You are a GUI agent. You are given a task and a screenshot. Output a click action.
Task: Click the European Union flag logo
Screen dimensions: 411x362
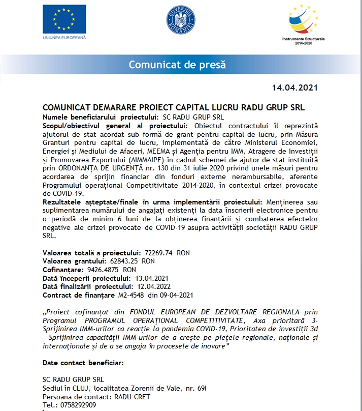(64, 19)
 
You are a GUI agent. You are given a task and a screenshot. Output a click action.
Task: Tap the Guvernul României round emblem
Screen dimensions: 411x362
(181, 20)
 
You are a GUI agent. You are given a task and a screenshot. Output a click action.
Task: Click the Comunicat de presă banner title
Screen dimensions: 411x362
(177, 65)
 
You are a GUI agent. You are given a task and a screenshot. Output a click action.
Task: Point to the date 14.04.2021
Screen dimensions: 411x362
(294, 87)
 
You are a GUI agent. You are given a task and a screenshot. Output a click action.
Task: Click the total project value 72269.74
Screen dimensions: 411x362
(159, 253)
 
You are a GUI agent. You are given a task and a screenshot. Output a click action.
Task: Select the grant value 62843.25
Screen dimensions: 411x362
(126, 261)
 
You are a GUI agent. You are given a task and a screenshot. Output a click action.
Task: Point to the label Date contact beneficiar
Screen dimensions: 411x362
(83, 363)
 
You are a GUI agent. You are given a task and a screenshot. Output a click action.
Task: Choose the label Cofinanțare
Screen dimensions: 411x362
(63, 269)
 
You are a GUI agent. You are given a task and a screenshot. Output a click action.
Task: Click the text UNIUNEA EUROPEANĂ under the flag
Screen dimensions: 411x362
(64, 37)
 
